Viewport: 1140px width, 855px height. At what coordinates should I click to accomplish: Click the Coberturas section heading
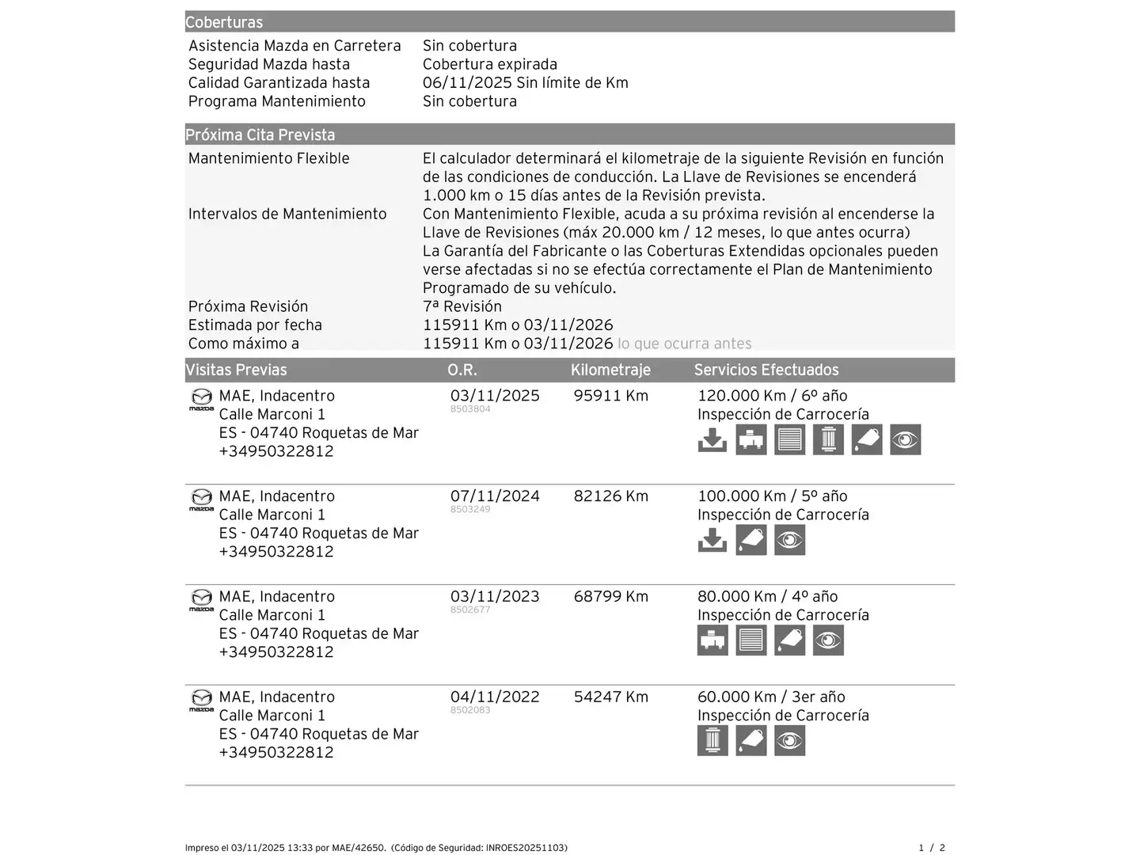[x=224, y=22]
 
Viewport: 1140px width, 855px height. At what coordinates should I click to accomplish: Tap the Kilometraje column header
[x=610, y=370]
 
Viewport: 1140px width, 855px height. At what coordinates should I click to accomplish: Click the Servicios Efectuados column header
[x=766, y=370]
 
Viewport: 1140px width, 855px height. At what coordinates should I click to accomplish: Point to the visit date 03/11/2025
[x=495, y=396]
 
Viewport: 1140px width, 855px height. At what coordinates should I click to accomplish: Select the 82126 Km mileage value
[x=610, y=496]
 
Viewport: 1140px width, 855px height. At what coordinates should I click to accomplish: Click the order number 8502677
[x=470, y=610]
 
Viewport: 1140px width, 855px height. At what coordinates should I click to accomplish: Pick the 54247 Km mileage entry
[x=610, y=697]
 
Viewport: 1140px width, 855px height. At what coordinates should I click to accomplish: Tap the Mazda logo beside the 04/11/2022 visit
[x=201, y=700]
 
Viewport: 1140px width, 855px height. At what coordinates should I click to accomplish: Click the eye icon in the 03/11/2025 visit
[x=905, y=439]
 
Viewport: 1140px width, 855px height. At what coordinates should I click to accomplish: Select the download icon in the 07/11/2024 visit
[x=712, y=540]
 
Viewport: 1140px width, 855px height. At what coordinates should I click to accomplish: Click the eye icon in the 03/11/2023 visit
[x=828, y=640]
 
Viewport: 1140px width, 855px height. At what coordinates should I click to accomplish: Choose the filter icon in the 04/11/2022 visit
[x=712, y=741]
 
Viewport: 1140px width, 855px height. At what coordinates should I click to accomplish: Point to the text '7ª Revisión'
[x=462, y=306]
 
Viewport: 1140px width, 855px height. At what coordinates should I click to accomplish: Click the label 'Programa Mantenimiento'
[x=277, y=101]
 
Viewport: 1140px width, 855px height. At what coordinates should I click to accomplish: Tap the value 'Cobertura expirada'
[x=490, y=64]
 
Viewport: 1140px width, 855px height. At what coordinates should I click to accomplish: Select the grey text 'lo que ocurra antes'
[x=685, y=344]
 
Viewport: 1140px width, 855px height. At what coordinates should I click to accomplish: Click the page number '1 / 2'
[x=932, y=848]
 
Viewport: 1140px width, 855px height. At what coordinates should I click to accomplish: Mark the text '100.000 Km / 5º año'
[x=772, y=496]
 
